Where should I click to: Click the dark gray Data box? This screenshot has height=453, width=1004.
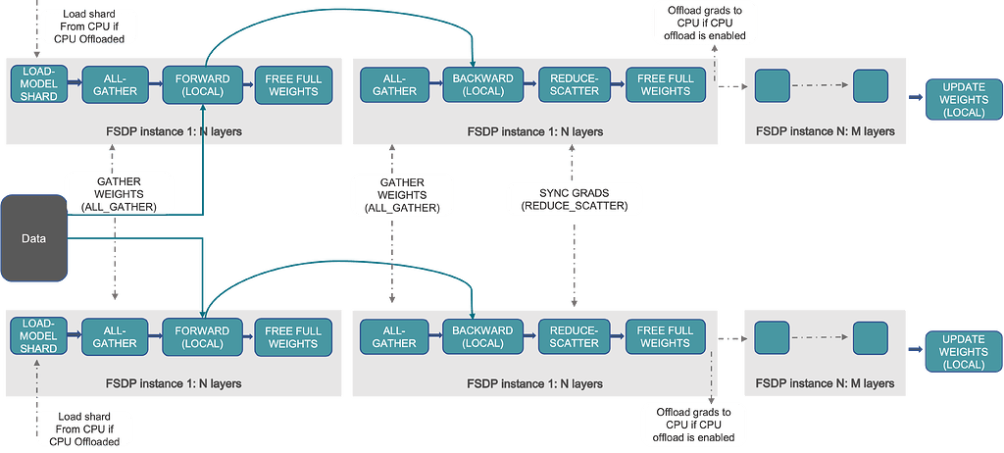pos(34,238)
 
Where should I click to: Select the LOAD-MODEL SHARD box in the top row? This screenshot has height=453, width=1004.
pos(39,85)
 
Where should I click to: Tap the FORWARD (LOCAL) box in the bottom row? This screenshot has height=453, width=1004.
pos(202,337)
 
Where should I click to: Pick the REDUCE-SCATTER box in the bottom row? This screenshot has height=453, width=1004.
pos(574,337)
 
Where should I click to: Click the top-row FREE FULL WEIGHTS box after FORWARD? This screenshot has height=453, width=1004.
pos(292,85)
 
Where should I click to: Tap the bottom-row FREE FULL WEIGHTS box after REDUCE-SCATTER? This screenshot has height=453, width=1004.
pos(664,337)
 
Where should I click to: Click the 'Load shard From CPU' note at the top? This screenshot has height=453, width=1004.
pos(93,25)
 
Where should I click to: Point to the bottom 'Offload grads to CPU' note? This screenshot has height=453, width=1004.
pos(693,425)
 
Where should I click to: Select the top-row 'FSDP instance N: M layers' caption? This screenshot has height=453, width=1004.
pos(825,132)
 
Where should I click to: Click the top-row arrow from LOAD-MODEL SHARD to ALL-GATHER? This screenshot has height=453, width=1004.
pos(75,82)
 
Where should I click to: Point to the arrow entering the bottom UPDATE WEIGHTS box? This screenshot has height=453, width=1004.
pos(916,348)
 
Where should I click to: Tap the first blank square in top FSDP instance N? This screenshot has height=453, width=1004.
pos(773,86)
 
